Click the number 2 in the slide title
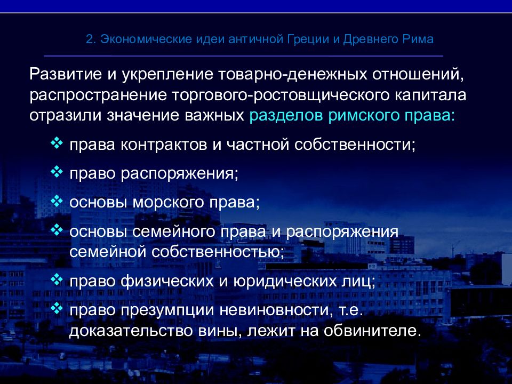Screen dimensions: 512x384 [90, 39]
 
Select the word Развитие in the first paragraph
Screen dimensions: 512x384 [65, 74]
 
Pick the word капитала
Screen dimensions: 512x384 [430, 95]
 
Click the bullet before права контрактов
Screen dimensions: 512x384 [57, 143]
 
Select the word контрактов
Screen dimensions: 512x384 [164, 145]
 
